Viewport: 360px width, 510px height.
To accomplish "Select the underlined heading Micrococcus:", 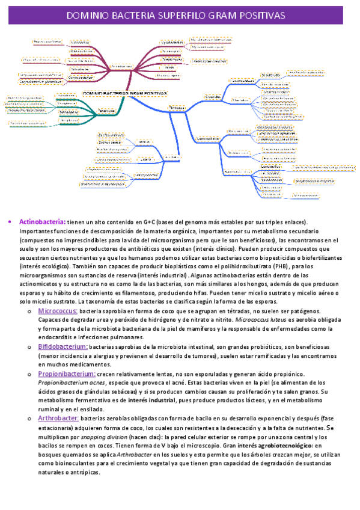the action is (x=58, y=311).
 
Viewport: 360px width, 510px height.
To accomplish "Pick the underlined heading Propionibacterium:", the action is (x=67, y=373).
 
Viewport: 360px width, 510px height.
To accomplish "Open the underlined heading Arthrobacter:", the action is (x=58, y=417).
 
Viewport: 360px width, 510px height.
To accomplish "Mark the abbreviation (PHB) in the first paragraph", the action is (x=283, y=266).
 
